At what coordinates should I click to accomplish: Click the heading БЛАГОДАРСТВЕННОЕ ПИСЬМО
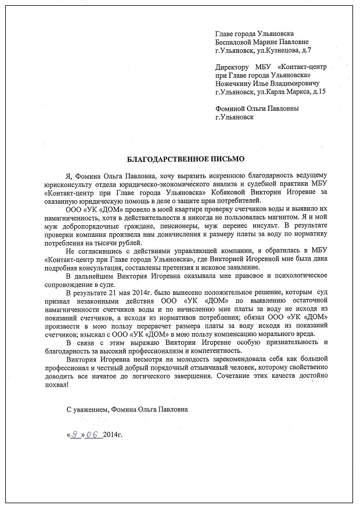click(186, 158)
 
